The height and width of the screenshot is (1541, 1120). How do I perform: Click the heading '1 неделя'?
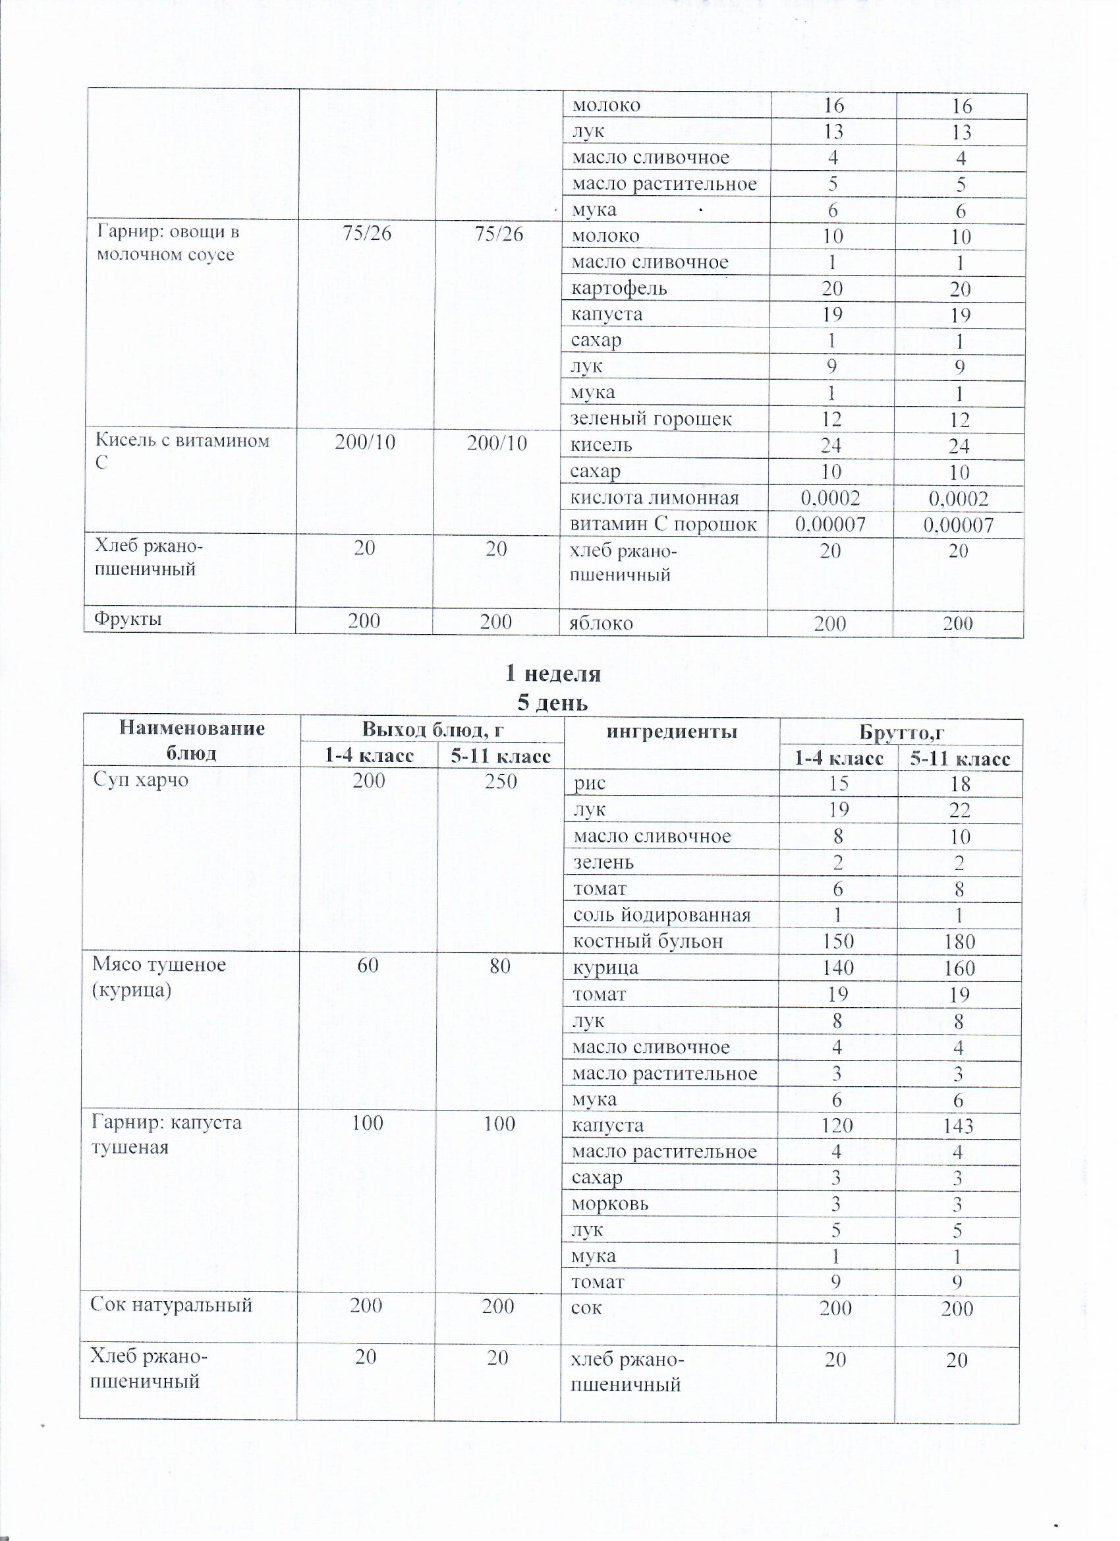pos(553,674)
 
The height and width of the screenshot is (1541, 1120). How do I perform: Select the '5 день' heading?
pos(552,703)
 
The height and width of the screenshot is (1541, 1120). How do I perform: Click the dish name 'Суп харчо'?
pos(140,779)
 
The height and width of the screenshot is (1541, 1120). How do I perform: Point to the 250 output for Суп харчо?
pos(501,780)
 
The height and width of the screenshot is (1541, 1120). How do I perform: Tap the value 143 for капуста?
pos(958,1126)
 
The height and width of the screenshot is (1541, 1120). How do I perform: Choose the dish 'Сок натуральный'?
pos(172,1304)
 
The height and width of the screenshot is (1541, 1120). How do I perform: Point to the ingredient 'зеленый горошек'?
pos(652,419)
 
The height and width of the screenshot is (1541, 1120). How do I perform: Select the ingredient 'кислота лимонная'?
pos(655,498)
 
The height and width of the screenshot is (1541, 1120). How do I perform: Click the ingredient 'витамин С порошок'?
pos(663,524)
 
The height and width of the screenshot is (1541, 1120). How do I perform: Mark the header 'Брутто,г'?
pos(901,732)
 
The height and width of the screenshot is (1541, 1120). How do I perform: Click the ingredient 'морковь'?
pos(611,1204)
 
